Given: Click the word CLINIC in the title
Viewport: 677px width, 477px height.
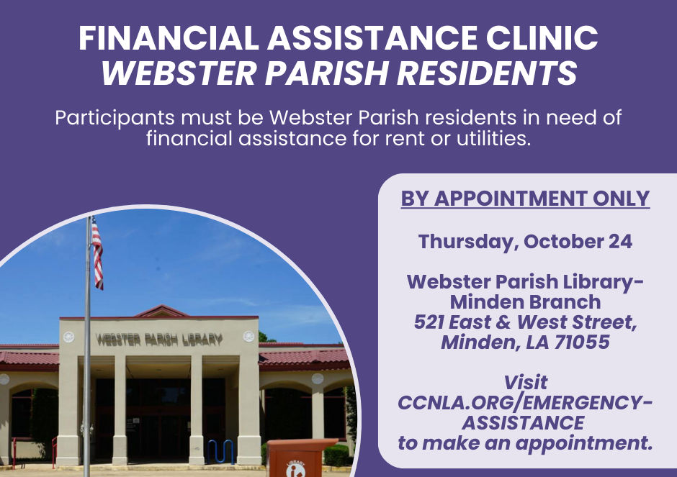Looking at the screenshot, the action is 542,38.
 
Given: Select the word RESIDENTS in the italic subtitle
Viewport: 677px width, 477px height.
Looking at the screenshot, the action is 487,73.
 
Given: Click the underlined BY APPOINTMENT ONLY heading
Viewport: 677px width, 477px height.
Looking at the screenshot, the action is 525,199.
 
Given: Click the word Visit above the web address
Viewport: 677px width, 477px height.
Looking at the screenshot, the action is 526,383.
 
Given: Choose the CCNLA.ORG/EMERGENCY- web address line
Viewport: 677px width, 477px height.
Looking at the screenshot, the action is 525,403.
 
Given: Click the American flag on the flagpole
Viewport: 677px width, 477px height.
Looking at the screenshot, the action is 97,253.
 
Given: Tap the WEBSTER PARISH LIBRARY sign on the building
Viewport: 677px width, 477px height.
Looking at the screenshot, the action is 159,340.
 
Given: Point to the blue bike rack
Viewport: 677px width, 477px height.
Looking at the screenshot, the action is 220,451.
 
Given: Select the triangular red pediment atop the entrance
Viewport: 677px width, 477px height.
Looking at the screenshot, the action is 161,311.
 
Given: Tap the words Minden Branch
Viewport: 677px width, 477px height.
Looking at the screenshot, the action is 525,302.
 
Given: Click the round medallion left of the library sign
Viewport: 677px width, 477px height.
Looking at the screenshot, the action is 68,337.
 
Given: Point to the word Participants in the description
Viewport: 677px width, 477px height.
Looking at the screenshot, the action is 115,118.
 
